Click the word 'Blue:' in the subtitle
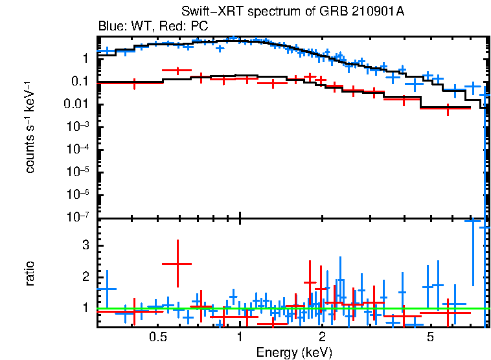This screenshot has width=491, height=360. click(x=111, y=27)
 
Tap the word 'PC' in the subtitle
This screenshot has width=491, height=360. click(x=198, y=27)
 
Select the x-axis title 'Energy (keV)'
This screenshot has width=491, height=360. click(x=294, y=352)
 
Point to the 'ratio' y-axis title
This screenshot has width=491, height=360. click(x=30, y=273)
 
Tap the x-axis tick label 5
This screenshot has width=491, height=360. click(x=430, y=337)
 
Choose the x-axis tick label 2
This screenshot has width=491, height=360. click(x=322, y=337)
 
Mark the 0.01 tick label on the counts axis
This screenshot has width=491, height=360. click(x=82, y=104)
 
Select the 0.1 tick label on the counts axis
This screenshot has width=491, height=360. click(x=85, y=82)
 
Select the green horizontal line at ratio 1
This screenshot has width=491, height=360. click(x=389, y=308)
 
